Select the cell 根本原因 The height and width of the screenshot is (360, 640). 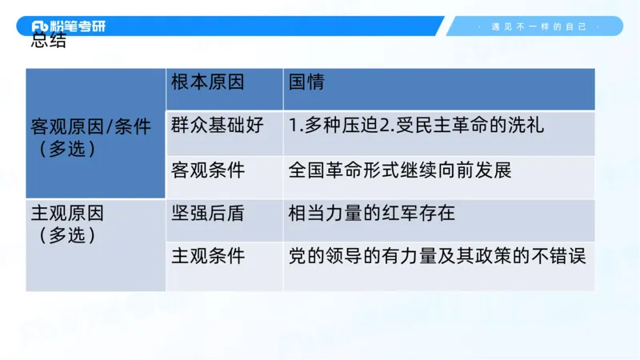(208, 82)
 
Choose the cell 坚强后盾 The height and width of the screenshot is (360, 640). (208, 214)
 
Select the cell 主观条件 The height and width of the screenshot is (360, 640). (208, 257)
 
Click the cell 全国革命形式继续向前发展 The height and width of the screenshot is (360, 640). (399, 170)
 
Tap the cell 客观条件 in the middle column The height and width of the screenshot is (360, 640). (208, 170)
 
